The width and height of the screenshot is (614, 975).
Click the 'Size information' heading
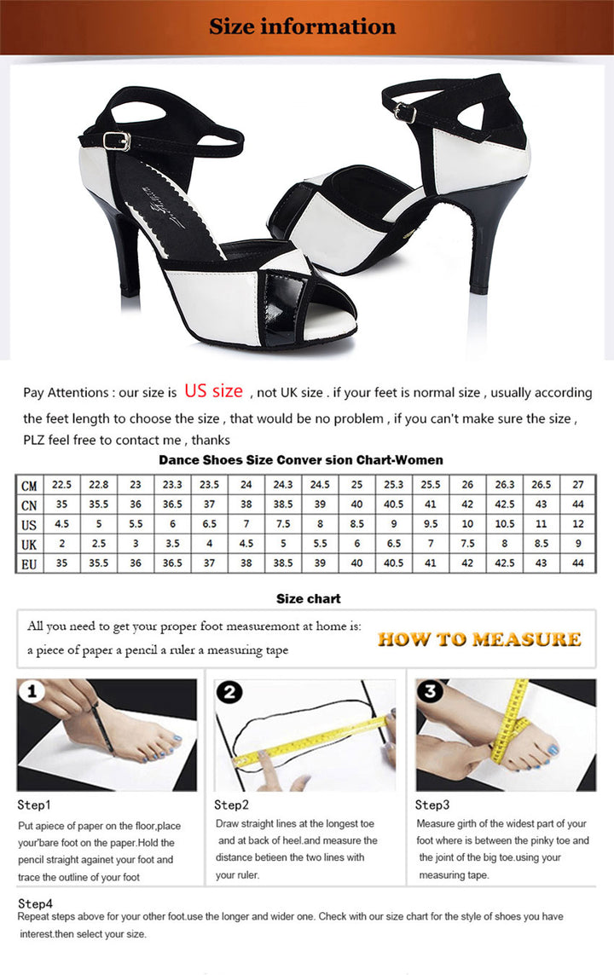click(x=303, y=26)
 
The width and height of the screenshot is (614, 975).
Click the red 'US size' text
click(x=213, y=391)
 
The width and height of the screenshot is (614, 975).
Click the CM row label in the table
click(x=29, y=486)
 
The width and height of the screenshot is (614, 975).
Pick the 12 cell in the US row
click(x=578, y=524)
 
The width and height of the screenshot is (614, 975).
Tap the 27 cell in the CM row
click(x=578, y=485)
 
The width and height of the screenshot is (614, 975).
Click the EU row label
click(x=29, y=563)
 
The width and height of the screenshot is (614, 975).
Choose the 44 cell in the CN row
click(x=578, y=505)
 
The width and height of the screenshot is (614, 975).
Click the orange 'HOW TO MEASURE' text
click(x=479, y=639)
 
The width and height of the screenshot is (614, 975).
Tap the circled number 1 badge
click(x=33, y=691)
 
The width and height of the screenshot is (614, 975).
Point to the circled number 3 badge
click(x=431, y=691)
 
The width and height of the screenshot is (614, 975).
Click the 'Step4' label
click(x=35, y=903)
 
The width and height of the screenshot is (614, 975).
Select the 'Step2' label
click(x=231, y=805)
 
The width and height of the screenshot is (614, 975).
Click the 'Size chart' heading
click(x=308, y=599)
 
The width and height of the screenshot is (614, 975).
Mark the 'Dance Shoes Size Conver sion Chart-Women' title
click(x=300, y=460)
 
